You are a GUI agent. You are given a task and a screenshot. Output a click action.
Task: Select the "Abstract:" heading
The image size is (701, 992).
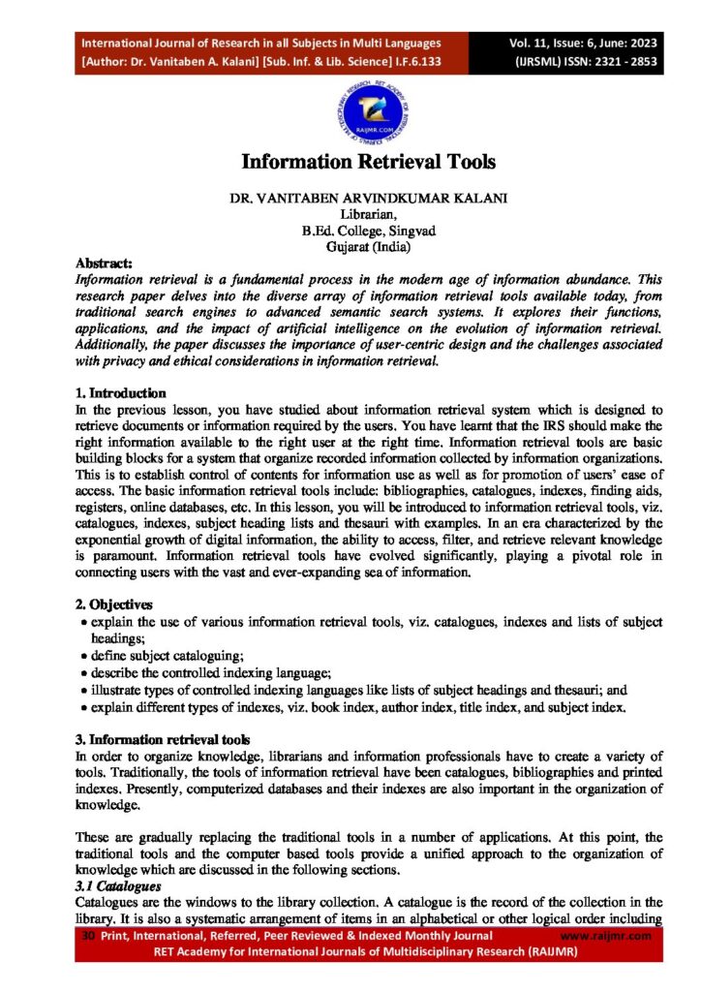click(x=106, y=263)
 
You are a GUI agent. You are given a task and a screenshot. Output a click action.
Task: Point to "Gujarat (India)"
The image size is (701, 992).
click(x=350, y=247)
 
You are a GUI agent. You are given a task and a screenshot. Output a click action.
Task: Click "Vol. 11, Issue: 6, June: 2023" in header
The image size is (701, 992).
click(x=578, y=43)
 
